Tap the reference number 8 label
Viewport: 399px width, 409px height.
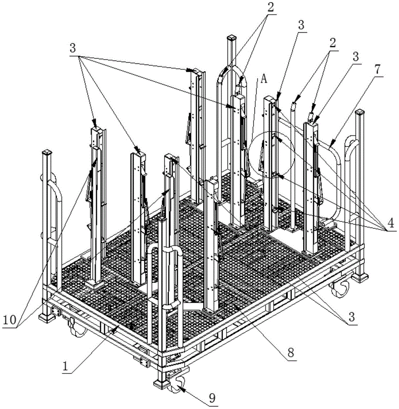[291, 352]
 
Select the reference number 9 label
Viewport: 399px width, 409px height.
[212, 398]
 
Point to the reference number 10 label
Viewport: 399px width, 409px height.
[10, 319]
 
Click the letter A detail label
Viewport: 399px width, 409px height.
[264, 79]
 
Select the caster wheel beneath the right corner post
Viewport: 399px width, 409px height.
[340, 288]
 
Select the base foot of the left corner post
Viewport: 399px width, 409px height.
[47, 318]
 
